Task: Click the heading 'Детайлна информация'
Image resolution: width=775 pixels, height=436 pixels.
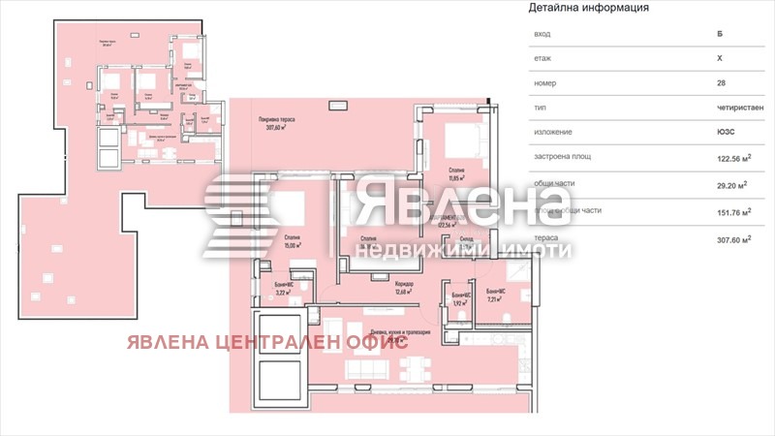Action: pos(588,9)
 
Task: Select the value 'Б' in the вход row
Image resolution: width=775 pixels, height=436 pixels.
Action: pos(720,34)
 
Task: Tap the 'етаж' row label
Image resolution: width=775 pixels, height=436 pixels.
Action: pos(543,58)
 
